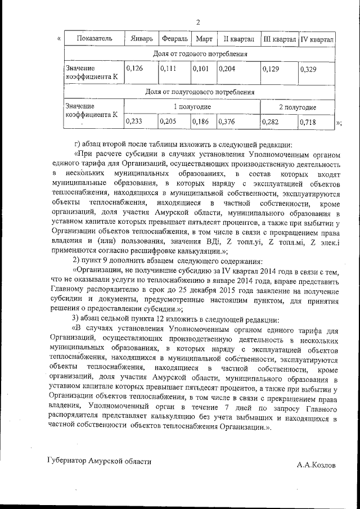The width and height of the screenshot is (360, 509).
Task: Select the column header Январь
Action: [141, 39]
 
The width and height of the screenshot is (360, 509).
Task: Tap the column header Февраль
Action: [174, 39]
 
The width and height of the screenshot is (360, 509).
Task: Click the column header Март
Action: [203, 39]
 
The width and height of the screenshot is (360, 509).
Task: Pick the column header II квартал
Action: [238, 39]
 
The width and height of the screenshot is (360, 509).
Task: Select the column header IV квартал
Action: [317, 39]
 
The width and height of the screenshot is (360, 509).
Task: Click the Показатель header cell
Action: [94, 39]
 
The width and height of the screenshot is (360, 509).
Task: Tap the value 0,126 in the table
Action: [134, 69]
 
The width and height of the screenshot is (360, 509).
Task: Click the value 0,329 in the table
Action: [309, 69]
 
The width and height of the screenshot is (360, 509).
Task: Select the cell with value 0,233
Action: [134, 120]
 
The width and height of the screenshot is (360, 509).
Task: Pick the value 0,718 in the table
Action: [309, 121]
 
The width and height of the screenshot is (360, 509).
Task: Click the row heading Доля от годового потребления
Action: [200, 54]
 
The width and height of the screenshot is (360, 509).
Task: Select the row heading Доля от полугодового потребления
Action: [200, 91]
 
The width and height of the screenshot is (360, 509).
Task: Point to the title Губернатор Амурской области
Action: [99, 461]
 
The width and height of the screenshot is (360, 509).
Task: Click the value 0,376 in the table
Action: [227, 120]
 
